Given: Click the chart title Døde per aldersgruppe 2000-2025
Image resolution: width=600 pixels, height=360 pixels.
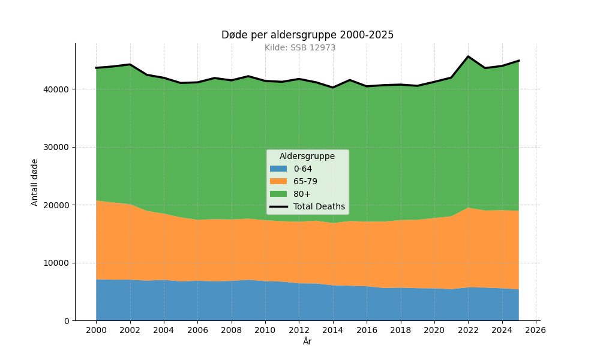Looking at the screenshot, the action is coord(307,35).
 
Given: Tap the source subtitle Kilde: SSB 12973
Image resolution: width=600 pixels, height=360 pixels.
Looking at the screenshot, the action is coord(300,47).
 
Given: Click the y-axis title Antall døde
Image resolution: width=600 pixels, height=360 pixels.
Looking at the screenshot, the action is coord(34,182).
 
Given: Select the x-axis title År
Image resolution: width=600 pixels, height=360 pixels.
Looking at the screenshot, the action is coord(307,341).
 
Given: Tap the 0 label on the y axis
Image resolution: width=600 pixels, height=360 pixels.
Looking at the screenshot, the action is coord(67,321).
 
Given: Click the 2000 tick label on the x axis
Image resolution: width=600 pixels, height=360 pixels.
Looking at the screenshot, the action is coord(97,330).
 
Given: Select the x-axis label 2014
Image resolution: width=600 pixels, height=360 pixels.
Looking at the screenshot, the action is coord(333,330).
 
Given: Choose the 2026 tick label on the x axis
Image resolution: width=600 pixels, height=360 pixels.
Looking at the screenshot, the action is coord(536,330).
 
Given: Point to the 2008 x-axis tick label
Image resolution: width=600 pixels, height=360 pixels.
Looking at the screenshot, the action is coord(232,330).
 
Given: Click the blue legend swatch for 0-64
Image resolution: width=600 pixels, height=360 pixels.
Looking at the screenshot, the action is coord(278,169).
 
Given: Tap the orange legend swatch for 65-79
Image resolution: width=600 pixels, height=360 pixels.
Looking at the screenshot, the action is coord(278,181).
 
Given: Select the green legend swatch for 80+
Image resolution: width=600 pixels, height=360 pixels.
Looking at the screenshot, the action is coord(278,194).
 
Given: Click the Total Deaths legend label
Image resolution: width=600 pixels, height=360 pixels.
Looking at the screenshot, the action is coord(319,206).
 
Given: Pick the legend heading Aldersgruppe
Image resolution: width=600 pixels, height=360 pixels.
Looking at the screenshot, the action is coord(307,156).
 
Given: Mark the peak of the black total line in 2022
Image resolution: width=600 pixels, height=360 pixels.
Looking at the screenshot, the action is coord(468,56).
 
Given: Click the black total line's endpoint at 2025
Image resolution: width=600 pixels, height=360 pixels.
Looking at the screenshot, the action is coord(519,61).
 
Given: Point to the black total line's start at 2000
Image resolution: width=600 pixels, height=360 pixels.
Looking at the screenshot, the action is coord(96,68).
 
